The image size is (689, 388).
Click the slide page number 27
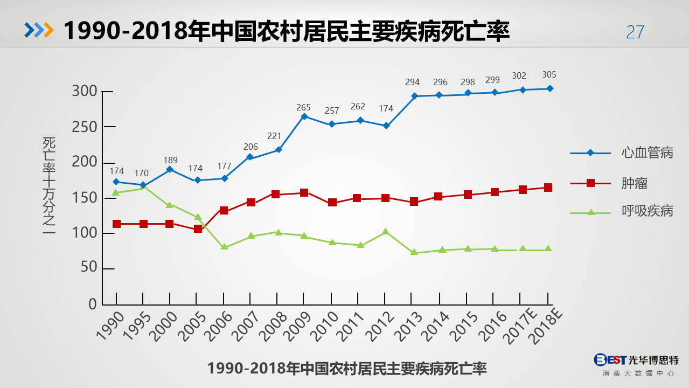[635, 32]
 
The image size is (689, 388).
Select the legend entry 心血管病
[647, 153]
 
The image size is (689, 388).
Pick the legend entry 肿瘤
[634, 183]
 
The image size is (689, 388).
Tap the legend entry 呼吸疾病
[647, 211]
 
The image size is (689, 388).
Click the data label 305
[549, 75]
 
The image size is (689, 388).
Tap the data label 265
[303, 108]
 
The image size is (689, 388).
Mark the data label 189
[170, 160]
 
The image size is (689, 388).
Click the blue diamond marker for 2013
[414, 96]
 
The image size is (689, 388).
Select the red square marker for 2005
[198, 229]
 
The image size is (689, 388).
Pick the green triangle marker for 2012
[385, 232]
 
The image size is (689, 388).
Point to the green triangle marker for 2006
[225, 247]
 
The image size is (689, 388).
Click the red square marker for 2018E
[548, 188]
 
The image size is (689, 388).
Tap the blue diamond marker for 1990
[116, 182]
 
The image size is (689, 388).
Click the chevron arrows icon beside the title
[39, 31]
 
